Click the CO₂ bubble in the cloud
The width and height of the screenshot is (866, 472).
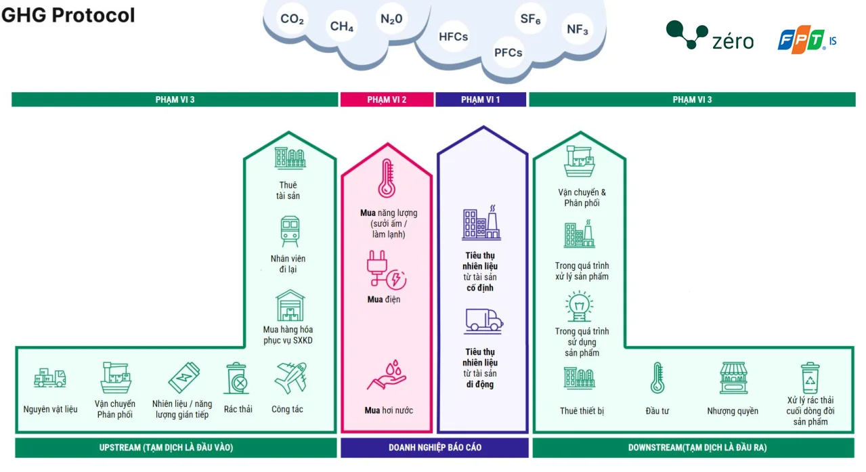292,20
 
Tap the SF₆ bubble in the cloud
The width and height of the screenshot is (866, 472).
530,20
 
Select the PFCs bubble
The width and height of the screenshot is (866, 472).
508,52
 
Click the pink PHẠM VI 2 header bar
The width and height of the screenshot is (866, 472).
387,100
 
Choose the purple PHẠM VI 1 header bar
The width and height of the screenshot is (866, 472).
481,100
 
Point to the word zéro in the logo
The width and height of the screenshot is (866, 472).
733,41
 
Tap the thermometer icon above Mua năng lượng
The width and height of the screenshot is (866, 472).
387,178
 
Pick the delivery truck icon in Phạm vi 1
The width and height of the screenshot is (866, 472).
483,320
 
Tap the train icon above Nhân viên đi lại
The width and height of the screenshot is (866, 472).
290,231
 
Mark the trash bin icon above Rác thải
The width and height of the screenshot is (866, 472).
236,379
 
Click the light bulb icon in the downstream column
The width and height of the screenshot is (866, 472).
580,306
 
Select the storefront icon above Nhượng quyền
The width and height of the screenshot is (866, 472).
733,378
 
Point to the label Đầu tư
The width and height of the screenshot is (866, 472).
657,411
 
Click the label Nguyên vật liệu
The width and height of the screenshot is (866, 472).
50,409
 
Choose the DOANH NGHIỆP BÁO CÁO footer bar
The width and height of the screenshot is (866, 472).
435,448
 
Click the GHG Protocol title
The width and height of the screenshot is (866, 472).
68,15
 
